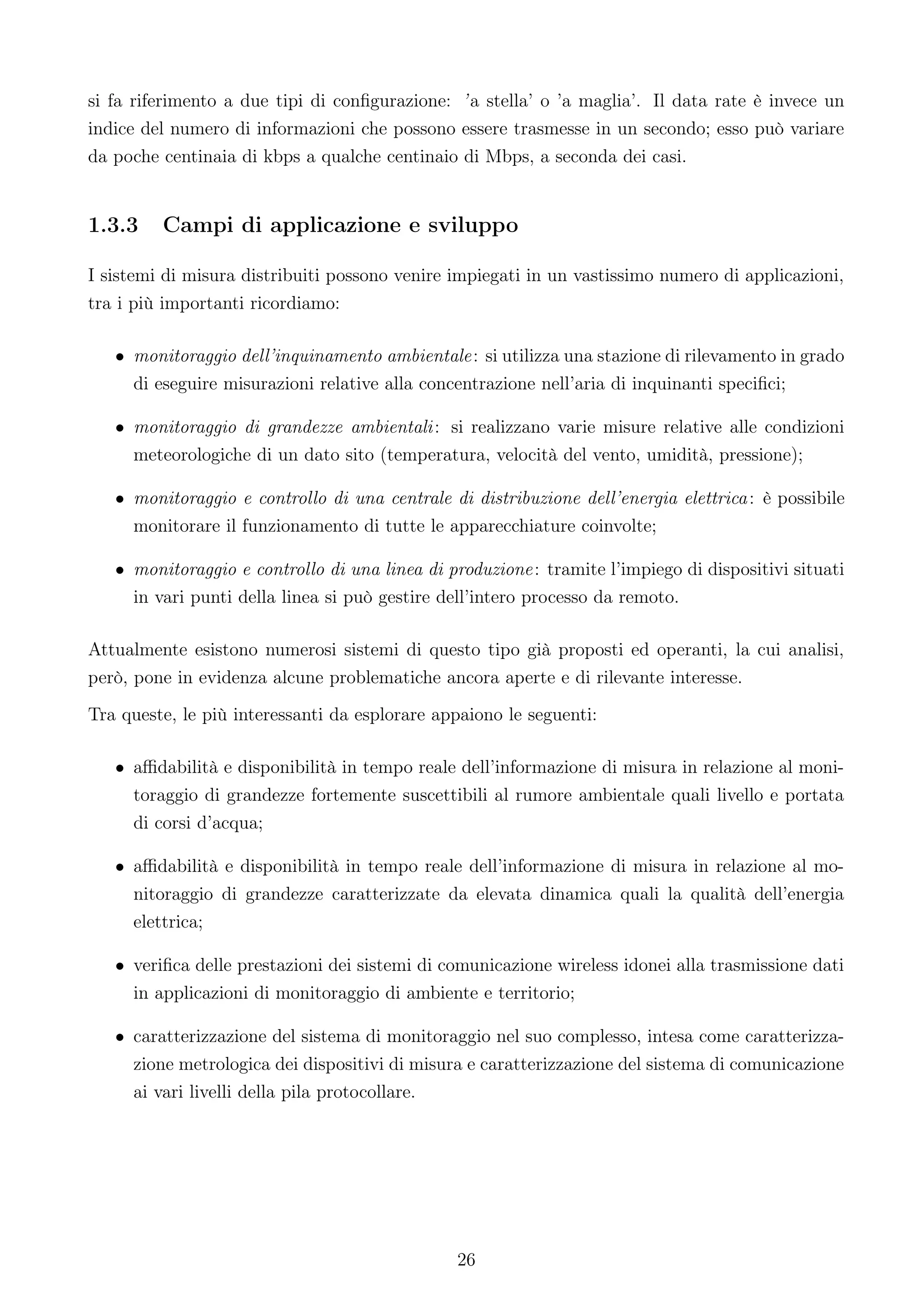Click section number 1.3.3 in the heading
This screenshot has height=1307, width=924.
click(x=113, y=226)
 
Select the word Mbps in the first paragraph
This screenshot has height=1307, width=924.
click(x=508, y=157)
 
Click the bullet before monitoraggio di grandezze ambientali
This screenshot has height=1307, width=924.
click(x=120, y=429)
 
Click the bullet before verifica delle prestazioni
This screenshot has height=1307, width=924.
click(x=120, y=967)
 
